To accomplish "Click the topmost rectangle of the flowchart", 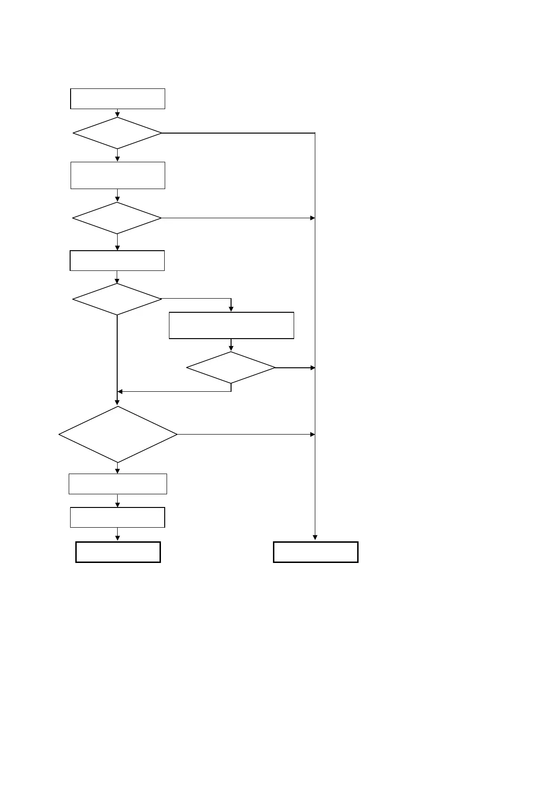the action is (x=118, y=99).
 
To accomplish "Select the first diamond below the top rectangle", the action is (x=117, y=133).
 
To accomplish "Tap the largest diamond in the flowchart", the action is (x=118, y=435).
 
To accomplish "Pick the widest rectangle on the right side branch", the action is (x=231, y=325).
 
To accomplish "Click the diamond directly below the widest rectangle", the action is (x=231, y=368).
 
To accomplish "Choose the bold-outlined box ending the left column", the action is (x=118, y=552).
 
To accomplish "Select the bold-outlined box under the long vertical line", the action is (x=316, y=552).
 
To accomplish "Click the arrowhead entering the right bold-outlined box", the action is (x=315, y=539).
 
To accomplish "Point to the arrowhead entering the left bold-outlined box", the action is (x=118, y=539).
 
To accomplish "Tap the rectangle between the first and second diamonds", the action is (x=118, y=175).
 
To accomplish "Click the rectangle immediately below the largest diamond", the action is (x=118, y=484).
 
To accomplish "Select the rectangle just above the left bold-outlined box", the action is (x=118, y=517).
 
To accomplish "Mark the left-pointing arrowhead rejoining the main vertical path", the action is (x=120, y=391).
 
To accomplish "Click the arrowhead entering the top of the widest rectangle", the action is (x=231, y=309).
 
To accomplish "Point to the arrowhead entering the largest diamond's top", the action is (x=117, y=403).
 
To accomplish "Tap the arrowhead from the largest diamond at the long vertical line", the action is (x=312, y=435).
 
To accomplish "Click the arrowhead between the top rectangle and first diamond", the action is (x=118, y=114).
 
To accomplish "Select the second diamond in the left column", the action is (x=117, y=218).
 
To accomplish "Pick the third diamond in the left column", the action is (x=117, y=299).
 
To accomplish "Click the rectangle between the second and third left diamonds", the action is (x=117, y=261).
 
